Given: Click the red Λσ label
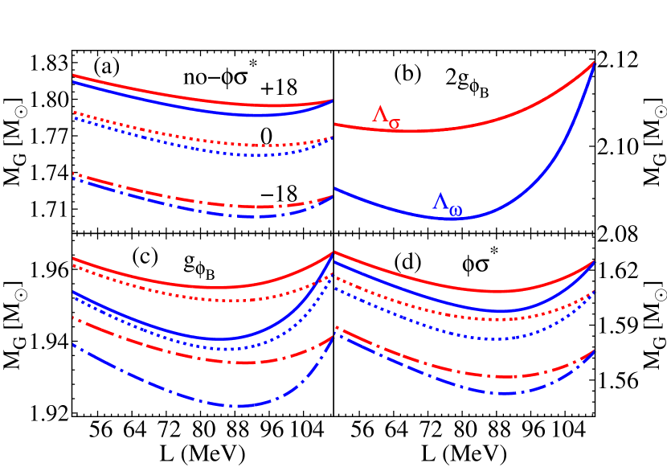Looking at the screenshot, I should click(386, 117).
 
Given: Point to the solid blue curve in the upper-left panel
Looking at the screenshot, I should click(201, 109).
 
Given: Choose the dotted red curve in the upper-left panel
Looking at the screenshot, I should click(201, 138).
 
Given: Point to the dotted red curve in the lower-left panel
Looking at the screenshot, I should click(201, 299).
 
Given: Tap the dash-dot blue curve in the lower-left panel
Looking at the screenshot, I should click(201, 402).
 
